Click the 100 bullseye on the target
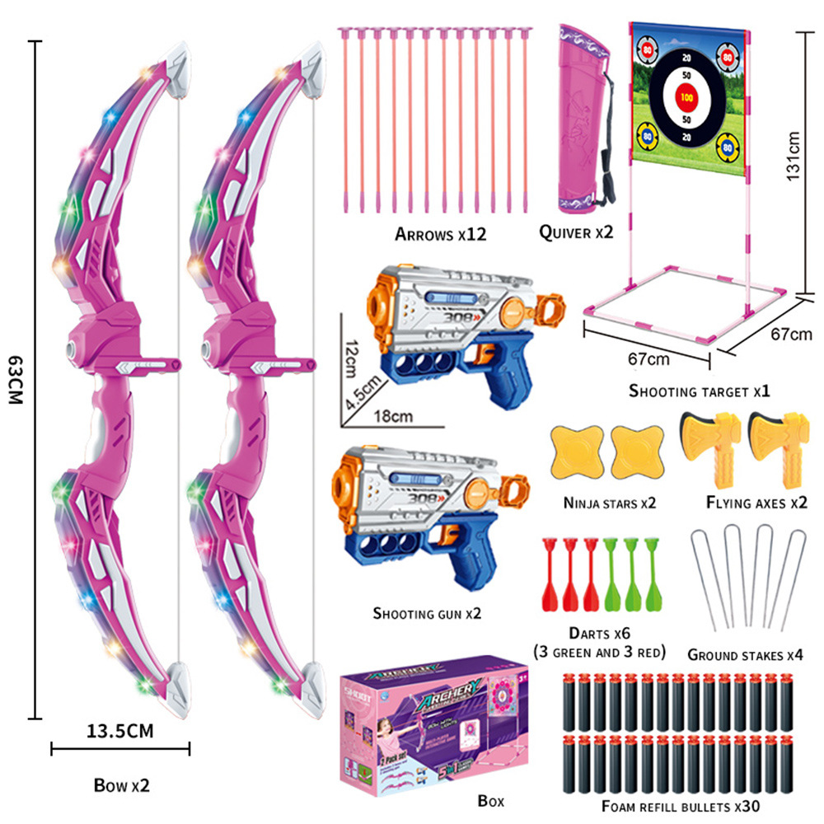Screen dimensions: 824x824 click(686, 97)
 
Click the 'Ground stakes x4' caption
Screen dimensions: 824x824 click(744, 655)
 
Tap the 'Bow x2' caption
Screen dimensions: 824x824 click(121, 785)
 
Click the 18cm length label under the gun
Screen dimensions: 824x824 click(394, 416)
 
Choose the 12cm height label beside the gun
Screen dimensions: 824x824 click(351, 356)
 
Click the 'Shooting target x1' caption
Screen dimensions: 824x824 click(699, 391)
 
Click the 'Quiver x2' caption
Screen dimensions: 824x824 click(577, 233)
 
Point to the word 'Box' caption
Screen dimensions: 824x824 click(491, 800)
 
